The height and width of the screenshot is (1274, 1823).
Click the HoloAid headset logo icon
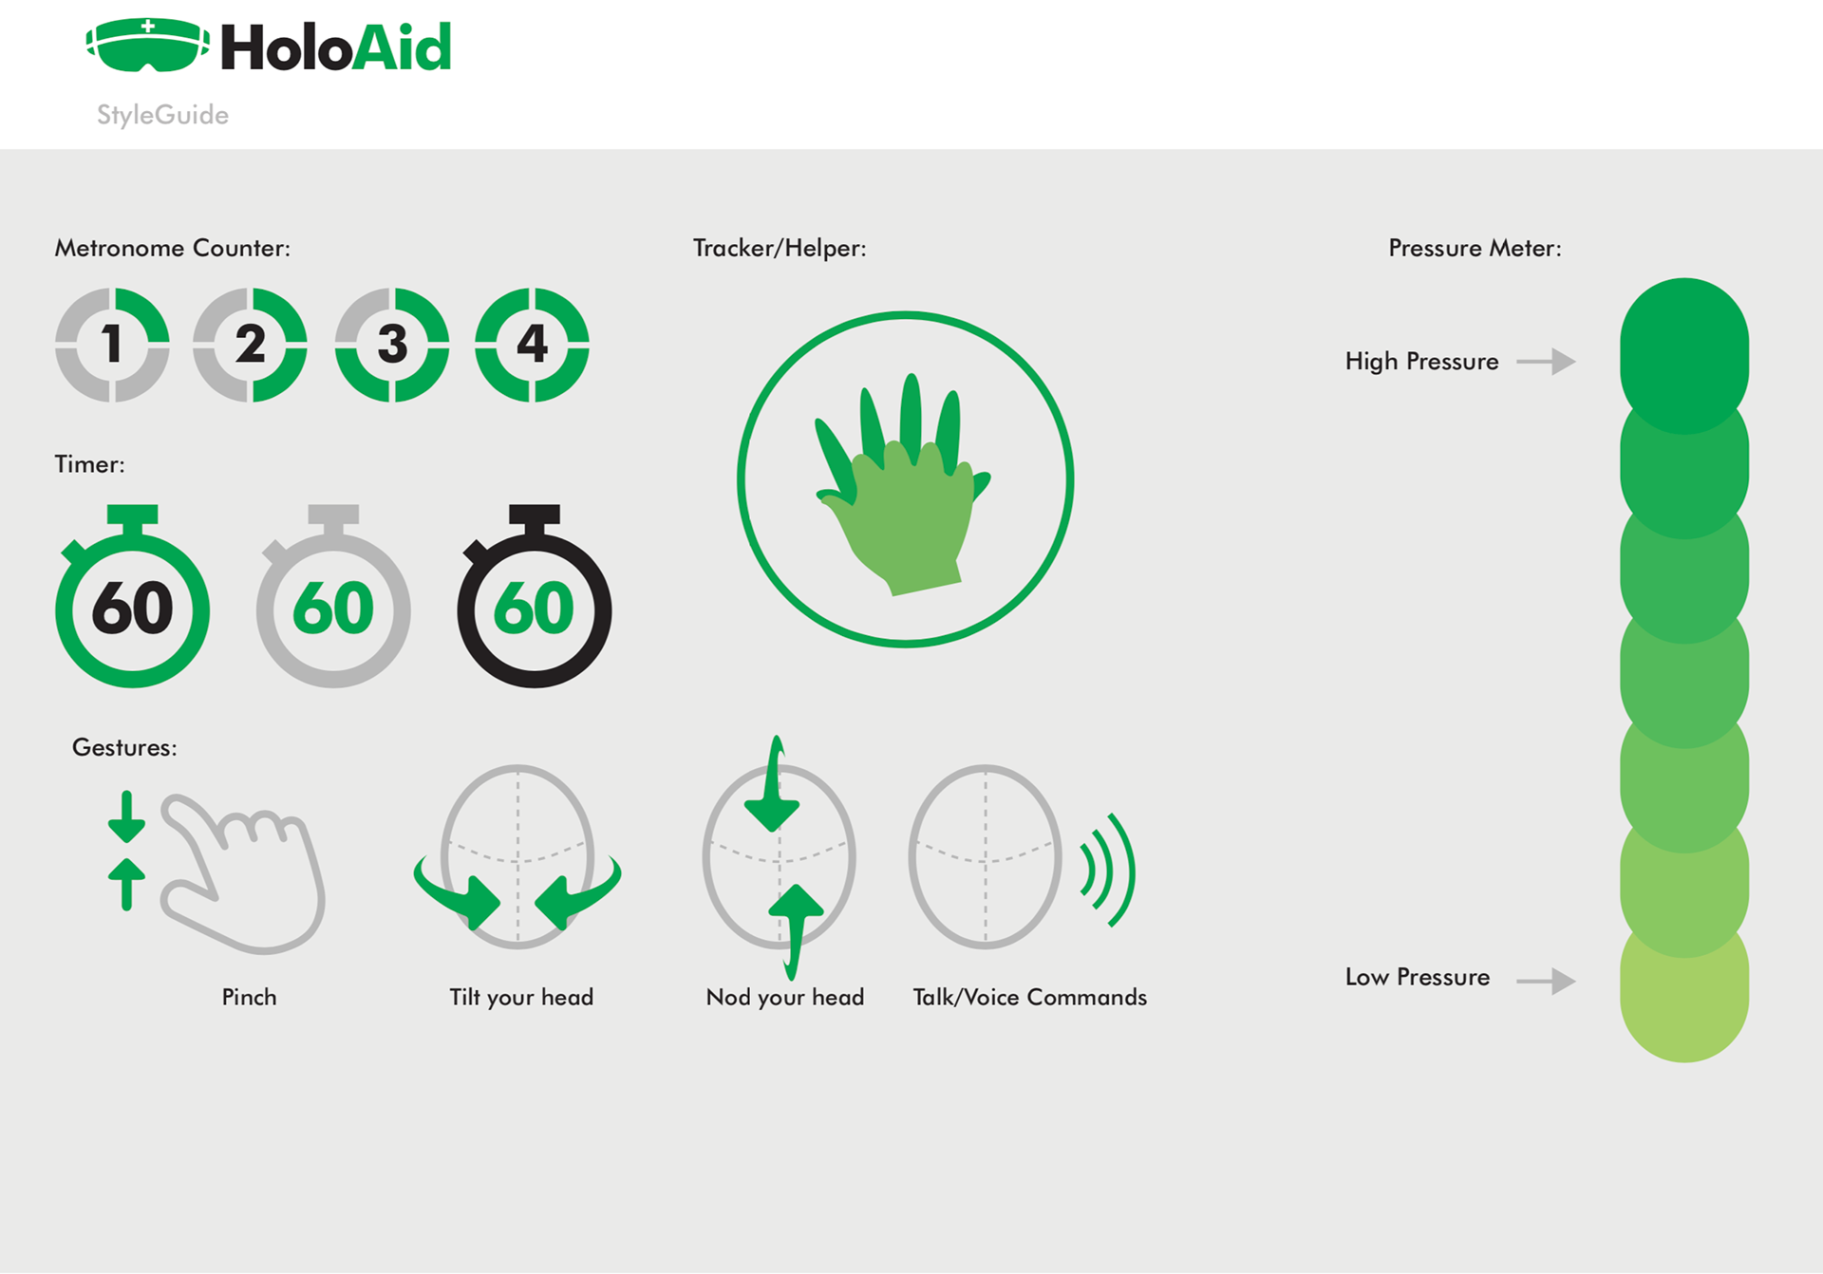click(x=148, y=45)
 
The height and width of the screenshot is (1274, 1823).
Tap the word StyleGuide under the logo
click(x=162, y=115)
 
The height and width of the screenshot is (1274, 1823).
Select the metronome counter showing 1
click(x=112, y=345)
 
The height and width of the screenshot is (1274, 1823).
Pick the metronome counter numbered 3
click(x=392, y=345)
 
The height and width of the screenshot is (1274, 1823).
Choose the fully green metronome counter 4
click(x=532, y=345)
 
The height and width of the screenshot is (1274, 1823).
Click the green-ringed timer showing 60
click(x=133, y=596)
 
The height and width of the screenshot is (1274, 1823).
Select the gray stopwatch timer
click(x=333, y=596)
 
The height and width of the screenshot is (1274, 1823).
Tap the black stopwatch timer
click(x=535, y=596)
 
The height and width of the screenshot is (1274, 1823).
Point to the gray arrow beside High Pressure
click(x=1546, y=362)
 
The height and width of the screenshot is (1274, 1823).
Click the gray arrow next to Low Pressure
click(x=1546, y=981)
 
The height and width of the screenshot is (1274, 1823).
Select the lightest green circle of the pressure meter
click(x=1684, y=997)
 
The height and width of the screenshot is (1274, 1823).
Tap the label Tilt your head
click(x=521, y=998)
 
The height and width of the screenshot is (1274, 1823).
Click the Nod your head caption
click(x=785, y=998)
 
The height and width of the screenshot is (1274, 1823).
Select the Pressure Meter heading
click(x=1475, y=248)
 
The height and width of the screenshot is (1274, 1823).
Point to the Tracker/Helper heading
click(x=780, y=249)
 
